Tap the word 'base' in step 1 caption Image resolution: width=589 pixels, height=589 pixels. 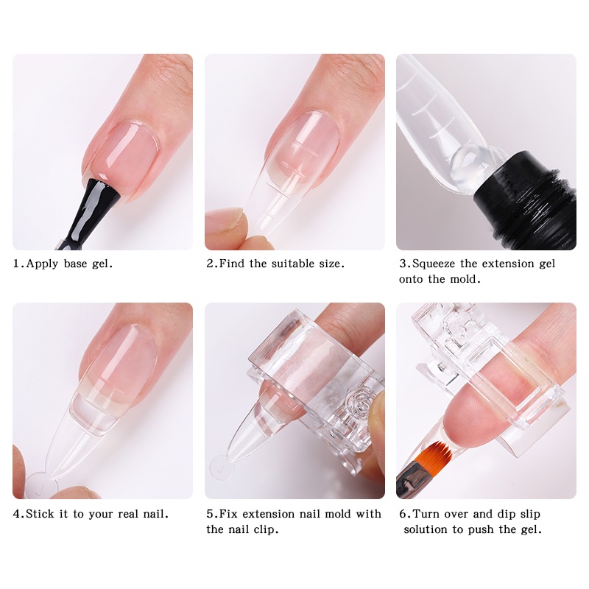[x=75, y=264]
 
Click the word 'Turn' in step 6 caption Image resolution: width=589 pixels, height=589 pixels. [x=426, y=514]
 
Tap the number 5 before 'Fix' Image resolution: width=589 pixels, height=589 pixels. [x=210, y=514]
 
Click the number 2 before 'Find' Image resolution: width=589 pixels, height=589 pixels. [x=210, y=264]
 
